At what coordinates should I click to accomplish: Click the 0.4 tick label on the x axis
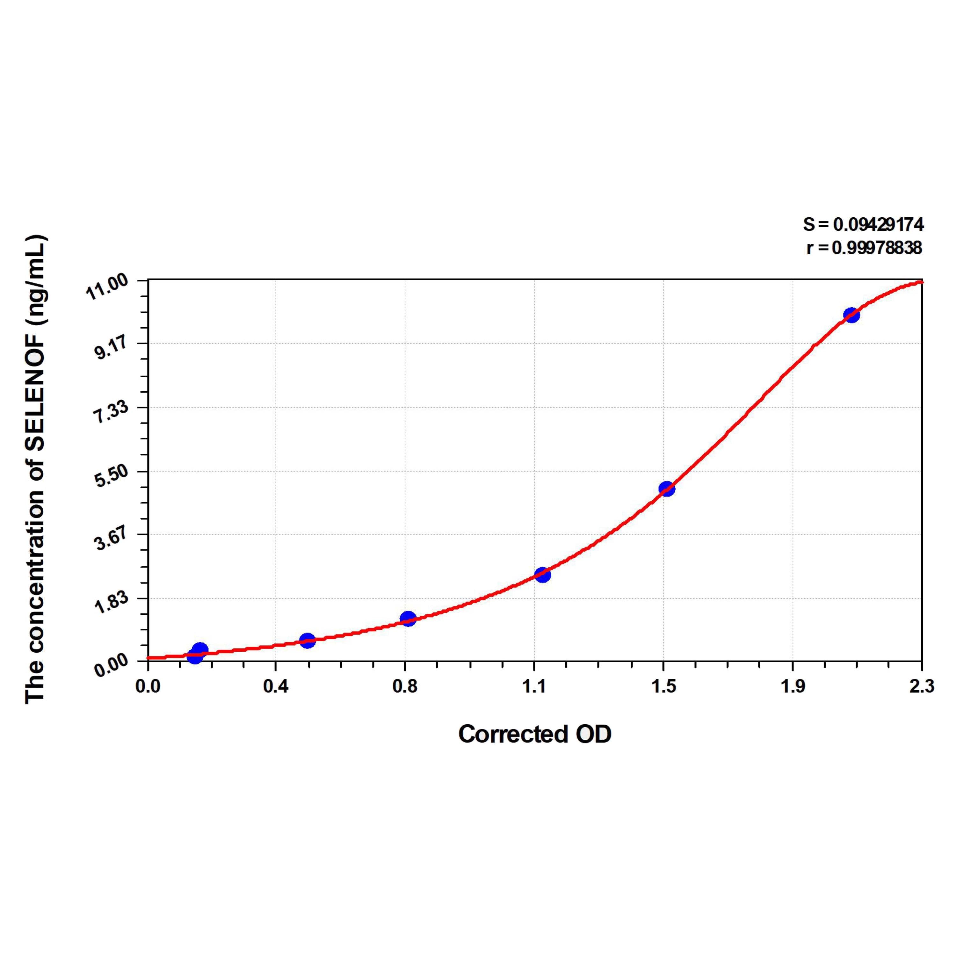click(276, 687)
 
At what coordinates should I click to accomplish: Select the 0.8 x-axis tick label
click(405, 687)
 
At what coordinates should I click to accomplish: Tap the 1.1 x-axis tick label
click(534, 687)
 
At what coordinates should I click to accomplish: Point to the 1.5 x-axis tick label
click(663, 687)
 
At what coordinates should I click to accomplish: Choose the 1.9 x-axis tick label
click(793, 687)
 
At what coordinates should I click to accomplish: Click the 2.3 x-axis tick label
click(921, 687)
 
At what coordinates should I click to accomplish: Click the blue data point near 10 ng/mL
click(851, 315)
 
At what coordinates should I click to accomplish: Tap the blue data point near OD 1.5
click(667, 489)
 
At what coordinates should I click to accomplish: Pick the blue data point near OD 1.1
click(542, 575)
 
